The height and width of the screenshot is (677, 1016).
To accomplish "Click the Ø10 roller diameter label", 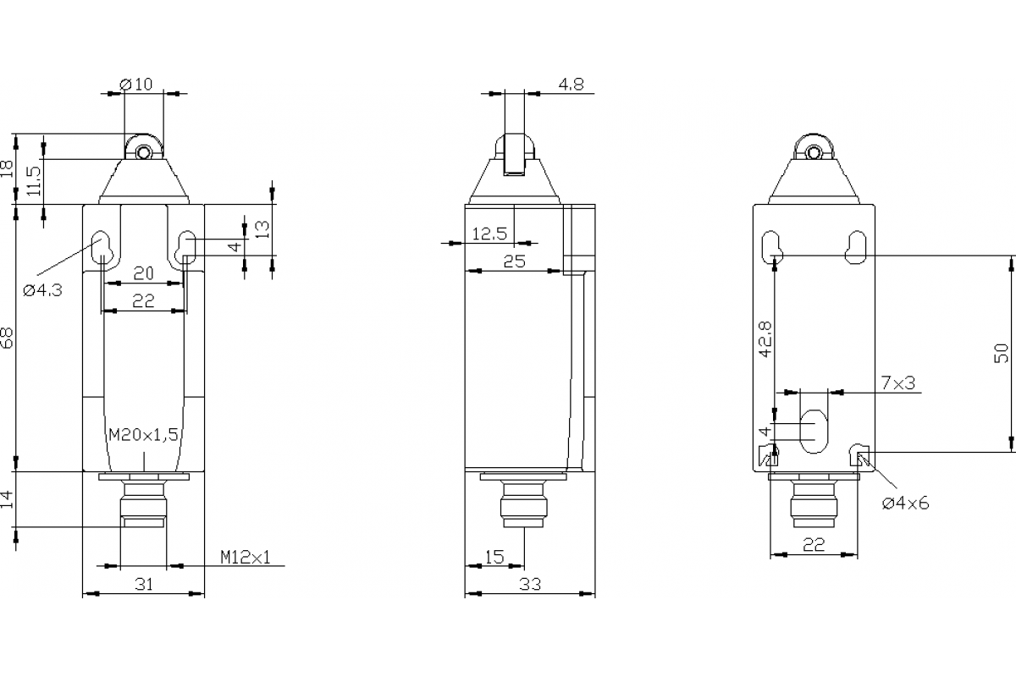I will [136, 84].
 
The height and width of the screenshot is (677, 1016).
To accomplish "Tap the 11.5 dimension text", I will [34, 181].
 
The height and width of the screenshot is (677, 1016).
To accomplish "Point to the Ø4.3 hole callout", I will [42, 289].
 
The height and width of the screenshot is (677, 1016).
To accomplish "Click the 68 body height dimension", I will [8, 338].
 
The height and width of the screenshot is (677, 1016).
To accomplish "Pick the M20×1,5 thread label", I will [143, 435].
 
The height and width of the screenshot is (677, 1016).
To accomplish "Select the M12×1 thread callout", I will [246, 557].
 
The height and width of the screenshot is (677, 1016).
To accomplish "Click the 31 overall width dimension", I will [144, 584].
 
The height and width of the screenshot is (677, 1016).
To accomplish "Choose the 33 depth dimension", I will [530, 584].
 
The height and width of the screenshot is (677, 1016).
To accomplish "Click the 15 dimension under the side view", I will [494, 557].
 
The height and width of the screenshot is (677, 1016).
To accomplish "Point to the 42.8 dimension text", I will [765, 338].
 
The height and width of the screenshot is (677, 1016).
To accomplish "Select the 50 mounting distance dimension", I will [1001, 354].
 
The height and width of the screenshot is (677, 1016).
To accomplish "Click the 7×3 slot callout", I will [898, 383].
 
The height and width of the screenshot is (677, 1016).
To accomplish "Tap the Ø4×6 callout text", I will [905, 504].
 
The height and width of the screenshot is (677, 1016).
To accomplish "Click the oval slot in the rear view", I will [814, 430].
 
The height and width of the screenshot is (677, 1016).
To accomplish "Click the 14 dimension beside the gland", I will [8, 499].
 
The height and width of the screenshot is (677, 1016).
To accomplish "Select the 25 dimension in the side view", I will [514, 261].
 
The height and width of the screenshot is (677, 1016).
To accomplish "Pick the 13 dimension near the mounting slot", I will [262, 228].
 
